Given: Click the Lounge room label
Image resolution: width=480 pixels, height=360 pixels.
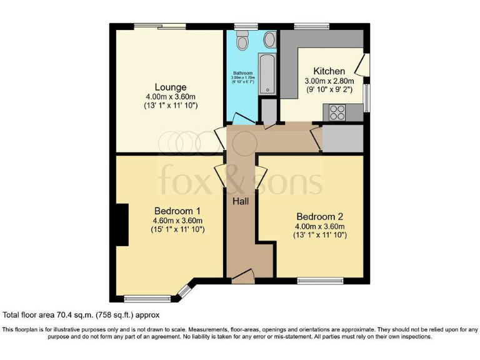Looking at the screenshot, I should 171,87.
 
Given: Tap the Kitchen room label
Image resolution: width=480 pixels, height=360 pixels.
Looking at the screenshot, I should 329,71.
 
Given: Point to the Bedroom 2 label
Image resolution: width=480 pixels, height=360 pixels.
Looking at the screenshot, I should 321,216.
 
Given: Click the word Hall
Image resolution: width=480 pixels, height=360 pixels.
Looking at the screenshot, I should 241,201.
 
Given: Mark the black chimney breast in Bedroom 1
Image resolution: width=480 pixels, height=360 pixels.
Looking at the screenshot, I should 121,226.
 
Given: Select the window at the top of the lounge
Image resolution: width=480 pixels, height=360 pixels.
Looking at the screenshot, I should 159,26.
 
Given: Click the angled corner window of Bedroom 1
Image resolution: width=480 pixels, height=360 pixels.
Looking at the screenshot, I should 184,290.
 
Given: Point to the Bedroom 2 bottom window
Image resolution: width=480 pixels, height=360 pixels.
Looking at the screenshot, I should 320,279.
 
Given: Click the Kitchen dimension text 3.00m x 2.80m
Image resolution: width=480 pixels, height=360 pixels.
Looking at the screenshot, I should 329,81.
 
